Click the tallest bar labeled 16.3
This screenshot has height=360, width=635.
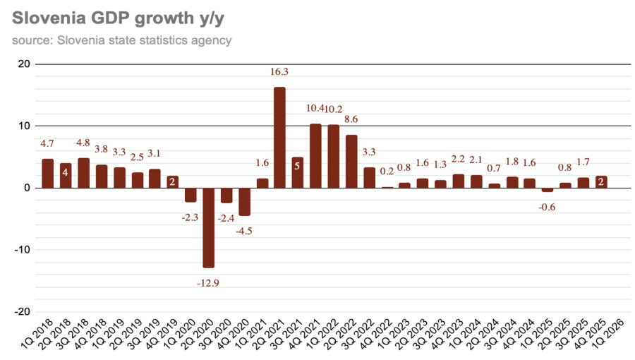click(x=279, y=138)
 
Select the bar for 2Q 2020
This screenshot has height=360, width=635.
click(x=208, y=227)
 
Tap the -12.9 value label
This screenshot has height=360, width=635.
click(x=208, y=282)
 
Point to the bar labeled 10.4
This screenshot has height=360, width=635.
click(x=315, y=156)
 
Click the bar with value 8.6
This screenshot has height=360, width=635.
click(x=351, y=162)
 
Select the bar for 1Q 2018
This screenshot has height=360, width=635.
click(x=47, y=174)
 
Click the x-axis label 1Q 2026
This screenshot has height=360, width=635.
click(x=609, y=337)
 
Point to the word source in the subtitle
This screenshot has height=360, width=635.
click(x=30, y=40)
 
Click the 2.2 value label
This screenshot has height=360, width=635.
click(x=459, y=160)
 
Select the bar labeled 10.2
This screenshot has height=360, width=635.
click(x=334, y=157)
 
